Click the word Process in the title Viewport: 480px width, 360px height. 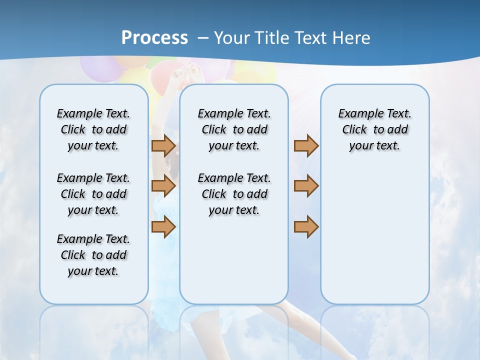154,37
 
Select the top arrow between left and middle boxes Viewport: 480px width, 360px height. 163,145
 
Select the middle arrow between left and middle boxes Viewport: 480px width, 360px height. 163,186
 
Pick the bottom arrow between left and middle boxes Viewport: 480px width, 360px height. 163,226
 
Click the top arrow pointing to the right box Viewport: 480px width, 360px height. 306,145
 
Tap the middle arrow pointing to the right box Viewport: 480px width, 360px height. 306,186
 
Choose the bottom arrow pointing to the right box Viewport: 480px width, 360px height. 306,226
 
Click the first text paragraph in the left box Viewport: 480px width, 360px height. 93,129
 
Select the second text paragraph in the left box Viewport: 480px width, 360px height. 93,194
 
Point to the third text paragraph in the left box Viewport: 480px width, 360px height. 93,255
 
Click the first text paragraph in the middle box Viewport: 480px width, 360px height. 234,129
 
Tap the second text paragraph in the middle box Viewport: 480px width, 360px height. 234,194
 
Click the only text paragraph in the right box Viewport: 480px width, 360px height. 374,129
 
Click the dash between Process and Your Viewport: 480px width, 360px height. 203,38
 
